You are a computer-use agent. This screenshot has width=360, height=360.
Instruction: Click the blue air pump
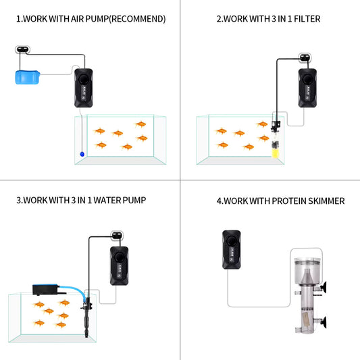[28, 77]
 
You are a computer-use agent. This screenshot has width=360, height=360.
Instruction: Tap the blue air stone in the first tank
[82, 154]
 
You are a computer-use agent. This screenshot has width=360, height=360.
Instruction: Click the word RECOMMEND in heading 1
[137, 19]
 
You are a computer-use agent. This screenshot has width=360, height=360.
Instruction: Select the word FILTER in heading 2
[307, 19]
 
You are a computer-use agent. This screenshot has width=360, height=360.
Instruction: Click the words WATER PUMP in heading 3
[120, 200]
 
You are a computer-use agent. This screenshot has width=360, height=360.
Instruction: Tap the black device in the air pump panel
[84, 88]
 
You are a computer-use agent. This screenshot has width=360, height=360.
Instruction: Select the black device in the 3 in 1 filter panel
[307, 88]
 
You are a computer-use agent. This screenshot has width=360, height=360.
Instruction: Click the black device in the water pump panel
[119, 266]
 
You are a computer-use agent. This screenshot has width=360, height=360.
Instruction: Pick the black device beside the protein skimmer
[232, 249]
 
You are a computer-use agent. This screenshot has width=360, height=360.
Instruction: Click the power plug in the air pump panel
[22, 49]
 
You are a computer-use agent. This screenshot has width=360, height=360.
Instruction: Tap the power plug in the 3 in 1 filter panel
[305, 57]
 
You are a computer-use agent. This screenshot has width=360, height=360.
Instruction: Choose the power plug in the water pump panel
[117, 235]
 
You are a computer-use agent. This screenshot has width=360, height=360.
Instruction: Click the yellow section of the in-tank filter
[275, 153]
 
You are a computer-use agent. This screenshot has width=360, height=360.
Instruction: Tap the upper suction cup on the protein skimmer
[324, 288]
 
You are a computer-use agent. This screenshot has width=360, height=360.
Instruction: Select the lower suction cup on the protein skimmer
[324, 322]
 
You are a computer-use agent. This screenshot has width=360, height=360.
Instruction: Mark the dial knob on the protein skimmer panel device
[232, 241]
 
